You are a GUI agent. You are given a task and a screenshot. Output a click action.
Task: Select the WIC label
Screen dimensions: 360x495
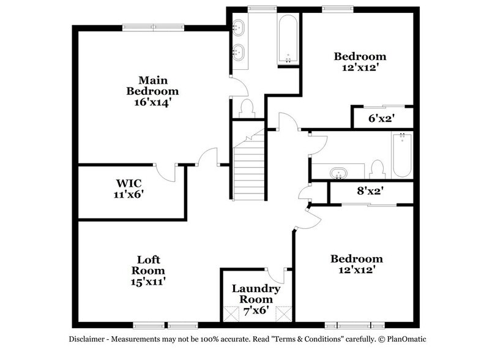pos(130,183)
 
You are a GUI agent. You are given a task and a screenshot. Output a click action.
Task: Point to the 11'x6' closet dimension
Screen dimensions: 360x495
pos(130,195)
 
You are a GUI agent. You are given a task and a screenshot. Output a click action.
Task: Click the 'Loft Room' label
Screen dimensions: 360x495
pos(149,264)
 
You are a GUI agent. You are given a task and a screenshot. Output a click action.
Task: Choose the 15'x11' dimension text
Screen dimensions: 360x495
pos(149,281)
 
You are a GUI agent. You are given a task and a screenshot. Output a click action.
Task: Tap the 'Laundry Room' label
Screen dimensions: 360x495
pos(256,294)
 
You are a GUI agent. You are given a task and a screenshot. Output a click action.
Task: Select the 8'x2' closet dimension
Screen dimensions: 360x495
pos(370,191)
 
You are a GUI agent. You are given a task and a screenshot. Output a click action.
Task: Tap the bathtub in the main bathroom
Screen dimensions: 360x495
pos(288,40)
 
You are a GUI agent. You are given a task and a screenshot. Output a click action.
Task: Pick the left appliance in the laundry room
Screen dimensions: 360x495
pos(230,313)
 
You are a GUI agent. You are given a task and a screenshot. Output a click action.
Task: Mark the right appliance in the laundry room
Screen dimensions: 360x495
pos(282,313)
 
